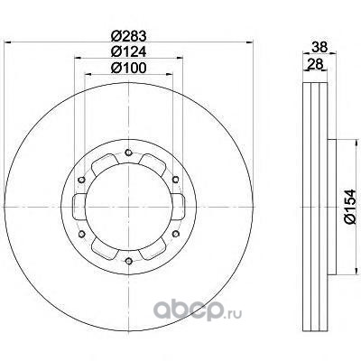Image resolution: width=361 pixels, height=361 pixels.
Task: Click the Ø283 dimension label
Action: point(128,36)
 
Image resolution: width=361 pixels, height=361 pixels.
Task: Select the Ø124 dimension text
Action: point(128,52)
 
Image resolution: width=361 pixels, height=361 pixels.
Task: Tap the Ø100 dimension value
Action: point(128,68)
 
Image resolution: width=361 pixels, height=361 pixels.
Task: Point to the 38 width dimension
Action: point(319,47)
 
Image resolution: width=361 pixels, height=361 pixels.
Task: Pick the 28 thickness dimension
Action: point(315,64)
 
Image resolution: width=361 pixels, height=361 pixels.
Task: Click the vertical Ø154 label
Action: point(350,207)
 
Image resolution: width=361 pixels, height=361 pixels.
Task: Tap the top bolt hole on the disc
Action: point(129,153)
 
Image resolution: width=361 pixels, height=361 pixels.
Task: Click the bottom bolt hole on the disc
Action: point(129,261)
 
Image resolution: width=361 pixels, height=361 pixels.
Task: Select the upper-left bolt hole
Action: point(81,180)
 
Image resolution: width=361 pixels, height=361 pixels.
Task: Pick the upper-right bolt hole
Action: point(176,180)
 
